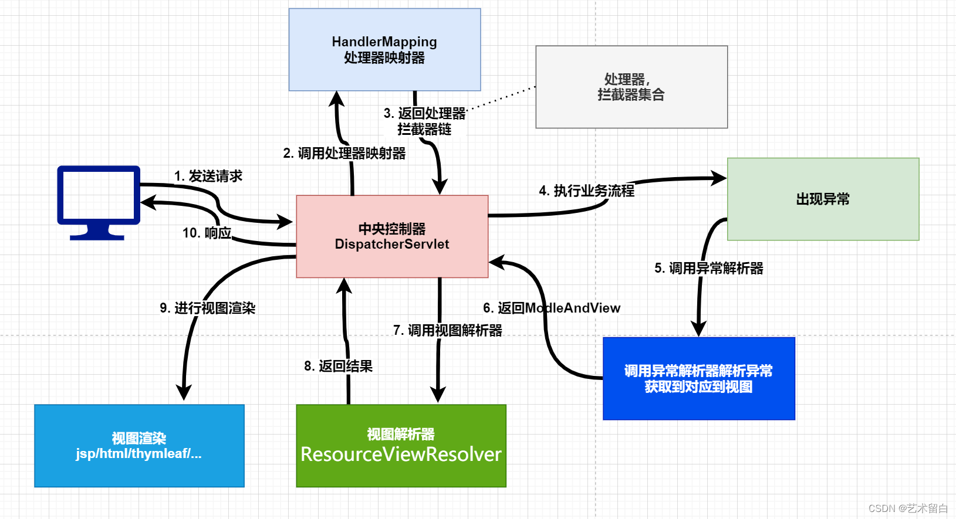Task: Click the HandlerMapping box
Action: pos(384,50)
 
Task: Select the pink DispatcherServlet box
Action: pos(392,236)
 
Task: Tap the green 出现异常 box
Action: pos(823,199)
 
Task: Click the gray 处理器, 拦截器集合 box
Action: pos(631,87)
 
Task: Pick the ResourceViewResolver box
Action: pos(401,446)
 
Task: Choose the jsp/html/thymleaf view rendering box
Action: pos(139,446)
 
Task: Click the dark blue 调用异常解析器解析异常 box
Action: pos(698,379)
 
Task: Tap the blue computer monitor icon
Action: pos(99,199)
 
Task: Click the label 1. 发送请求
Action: pos(208,176)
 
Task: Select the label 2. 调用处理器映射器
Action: pos(344,154)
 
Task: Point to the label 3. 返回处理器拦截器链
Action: pos(424,121)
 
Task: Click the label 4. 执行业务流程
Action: pos(586,191)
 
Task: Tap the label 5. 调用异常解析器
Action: pos(708,269)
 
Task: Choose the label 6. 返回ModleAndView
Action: pos(552,308)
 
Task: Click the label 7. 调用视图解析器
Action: pos(448,331)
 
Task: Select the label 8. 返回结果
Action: pos(338,367)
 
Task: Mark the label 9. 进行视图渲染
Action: pos(207,308)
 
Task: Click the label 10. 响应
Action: pos(207,233)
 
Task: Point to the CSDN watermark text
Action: pos(907,508)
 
